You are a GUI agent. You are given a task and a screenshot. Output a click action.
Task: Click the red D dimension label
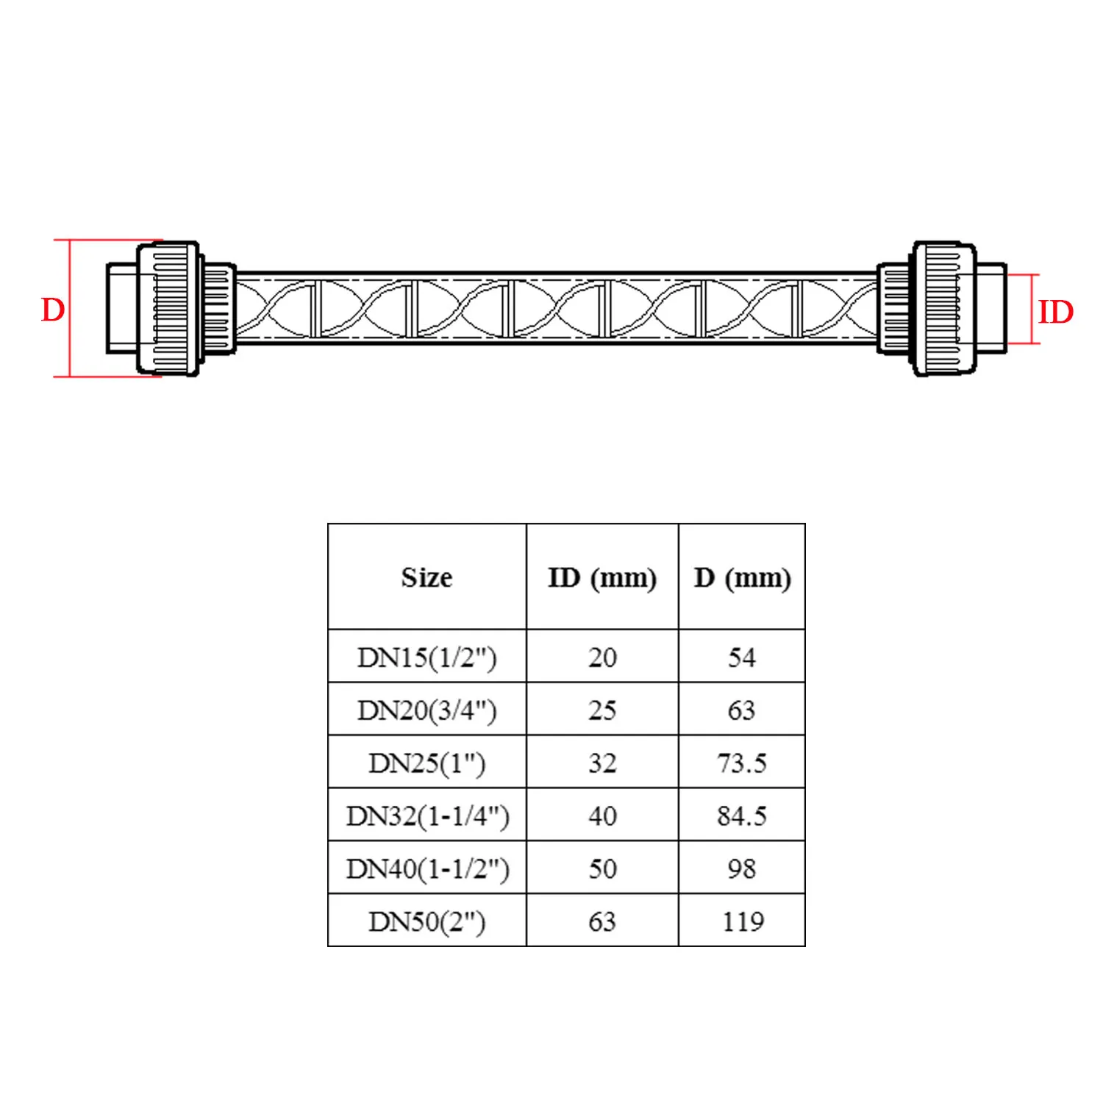click(53, 310)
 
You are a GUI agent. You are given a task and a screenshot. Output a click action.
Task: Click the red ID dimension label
click(1055, 313)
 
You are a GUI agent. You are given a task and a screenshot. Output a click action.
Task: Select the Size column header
click(426, 577)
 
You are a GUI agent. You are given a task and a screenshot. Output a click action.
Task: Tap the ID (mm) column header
click(602, 578)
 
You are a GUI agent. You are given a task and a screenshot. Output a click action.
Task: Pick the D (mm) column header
click(742, 578)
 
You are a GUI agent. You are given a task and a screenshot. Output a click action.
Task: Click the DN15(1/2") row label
click(426, 657)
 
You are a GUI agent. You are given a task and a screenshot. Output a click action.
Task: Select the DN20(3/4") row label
click(426, 710)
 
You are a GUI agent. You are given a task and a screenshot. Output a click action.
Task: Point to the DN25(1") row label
click(426, 763)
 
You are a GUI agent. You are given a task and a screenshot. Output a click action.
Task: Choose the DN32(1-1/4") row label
click(427, 816)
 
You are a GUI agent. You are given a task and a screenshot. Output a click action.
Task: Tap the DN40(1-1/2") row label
click(427, 869)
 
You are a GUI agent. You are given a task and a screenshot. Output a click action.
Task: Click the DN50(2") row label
click(426, 921)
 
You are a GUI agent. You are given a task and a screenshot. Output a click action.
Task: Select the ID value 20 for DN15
click(602, 657)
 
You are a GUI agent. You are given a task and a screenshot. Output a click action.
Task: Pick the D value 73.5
click(742, 763)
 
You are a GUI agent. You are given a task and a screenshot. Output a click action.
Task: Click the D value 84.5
click(742, 816)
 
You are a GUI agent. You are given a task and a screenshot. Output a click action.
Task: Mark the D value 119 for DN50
click(743, 921)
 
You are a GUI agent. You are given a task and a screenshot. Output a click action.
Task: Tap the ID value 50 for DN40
click(602, 869)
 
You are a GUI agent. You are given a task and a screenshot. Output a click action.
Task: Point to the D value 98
click(742, 869)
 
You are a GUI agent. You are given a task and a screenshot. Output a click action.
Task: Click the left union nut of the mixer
click(168, 309)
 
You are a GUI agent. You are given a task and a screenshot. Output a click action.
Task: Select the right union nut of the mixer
click(945, 309)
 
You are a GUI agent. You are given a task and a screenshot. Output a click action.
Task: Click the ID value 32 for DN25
click(602, 763)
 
